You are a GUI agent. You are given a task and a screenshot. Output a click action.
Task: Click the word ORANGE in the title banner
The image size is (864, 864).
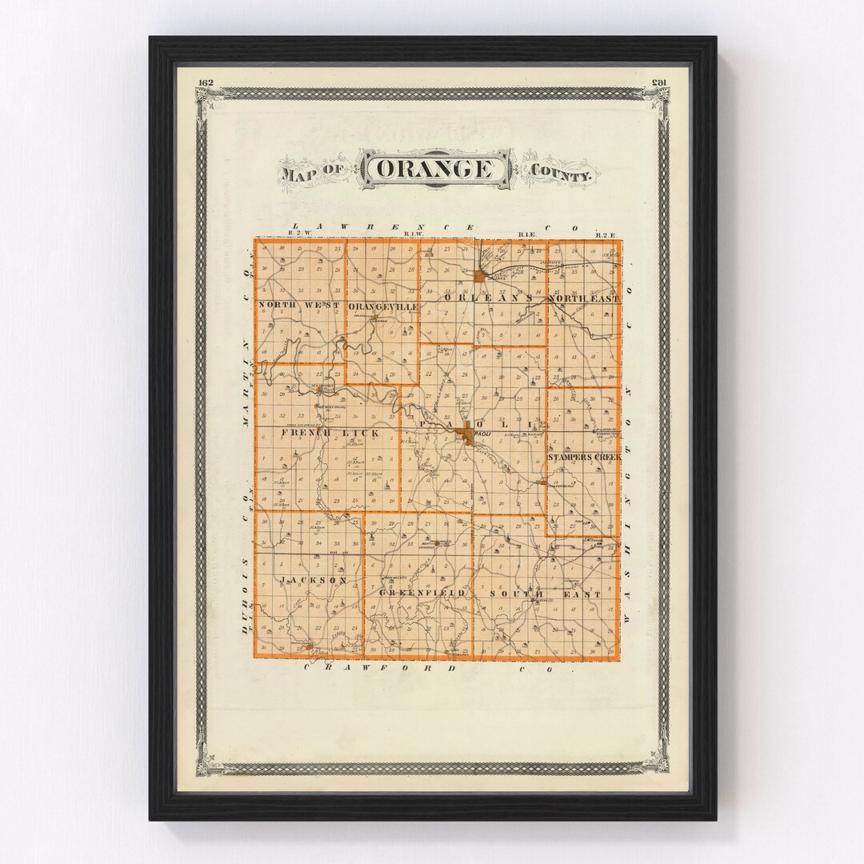(434, 170)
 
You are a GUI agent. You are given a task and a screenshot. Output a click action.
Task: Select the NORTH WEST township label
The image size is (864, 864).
(299, 306)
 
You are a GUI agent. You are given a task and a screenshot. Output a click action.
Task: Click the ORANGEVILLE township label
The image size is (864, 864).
(382, 306)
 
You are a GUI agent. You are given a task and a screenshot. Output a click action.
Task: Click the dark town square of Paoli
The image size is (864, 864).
(465, 434)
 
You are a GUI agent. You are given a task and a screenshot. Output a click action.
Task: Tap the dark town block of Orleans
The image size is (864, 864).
(478, 276)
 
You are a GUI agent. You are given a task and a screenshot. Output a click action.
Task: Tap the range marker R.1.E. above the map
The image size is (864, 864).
(526, 234)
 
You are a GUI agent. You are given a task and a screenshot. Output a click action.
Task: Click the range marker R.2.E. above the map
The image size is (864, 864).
(603, 234)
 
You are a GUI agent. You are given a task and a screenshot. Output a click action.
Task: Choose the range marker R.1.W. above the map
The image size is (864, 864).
(414, 234)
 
